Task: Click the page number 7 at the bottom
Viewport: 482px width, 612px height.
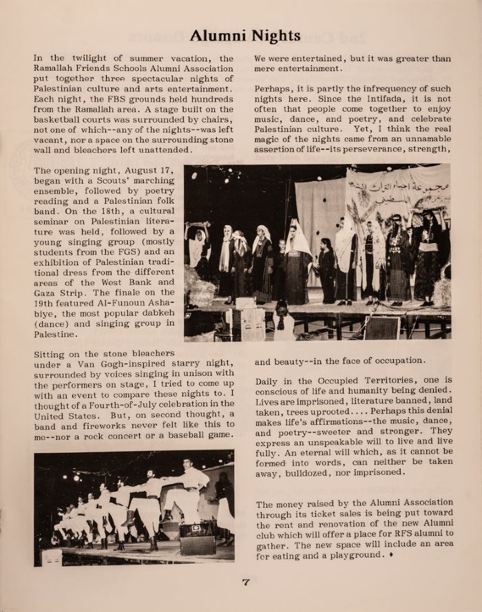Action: (245, 582)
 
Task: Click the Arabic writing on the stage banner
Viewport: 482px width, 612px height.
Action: (398, 187)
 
